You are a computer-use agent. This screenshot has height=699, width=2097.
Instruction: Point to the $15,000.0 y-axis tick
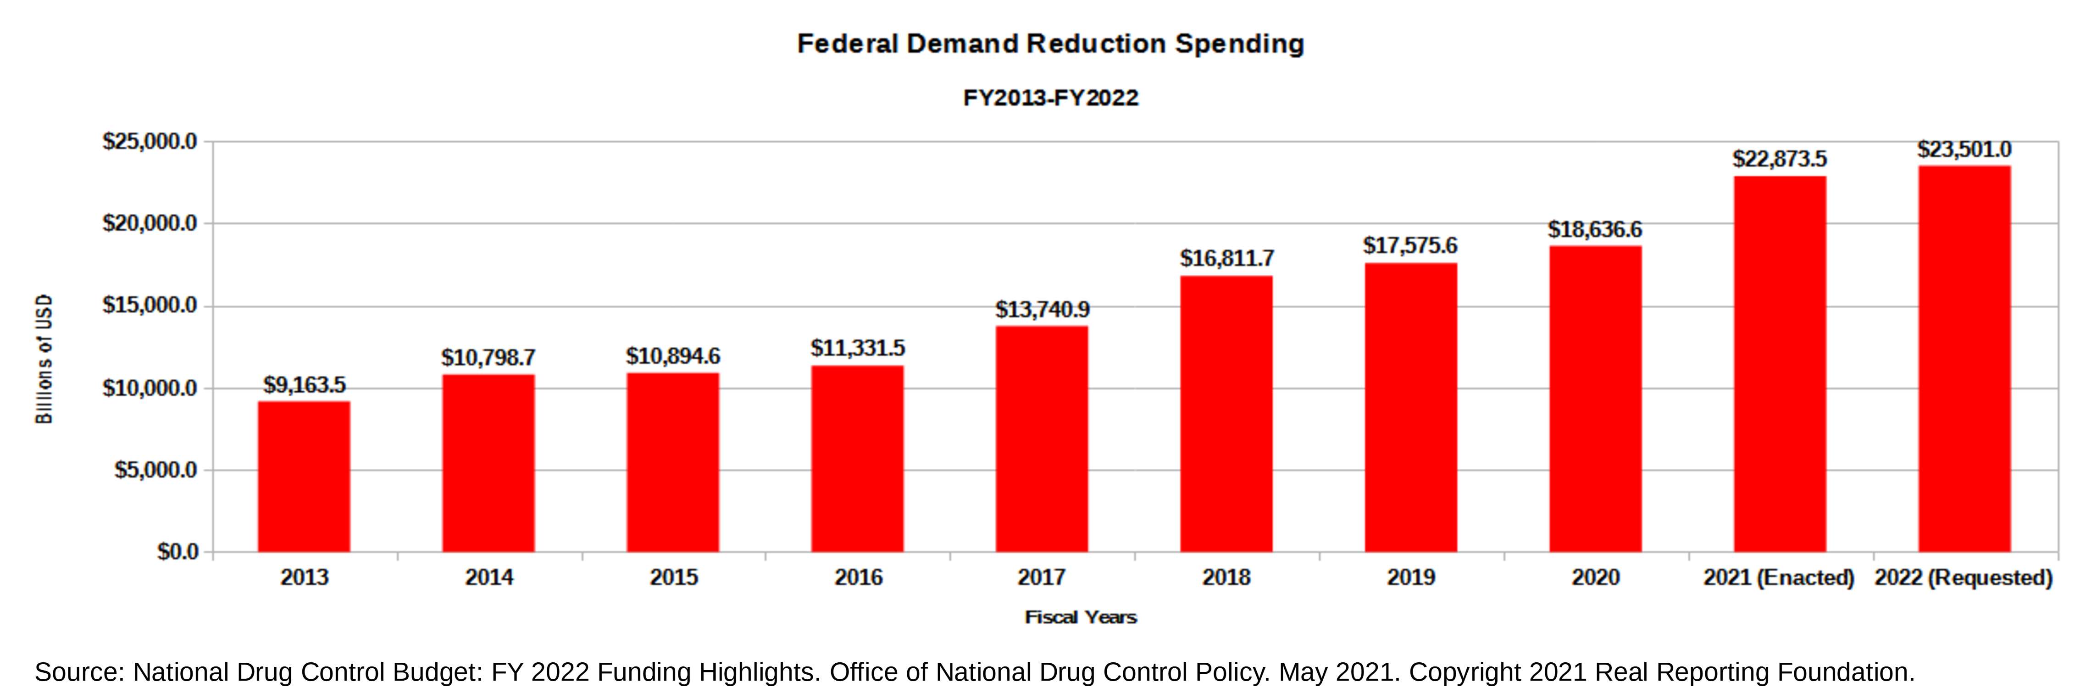(x=150, y=306)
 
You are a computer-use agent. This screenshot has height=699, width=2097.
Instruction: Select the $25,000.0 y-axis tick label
(x=150, y=142)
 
